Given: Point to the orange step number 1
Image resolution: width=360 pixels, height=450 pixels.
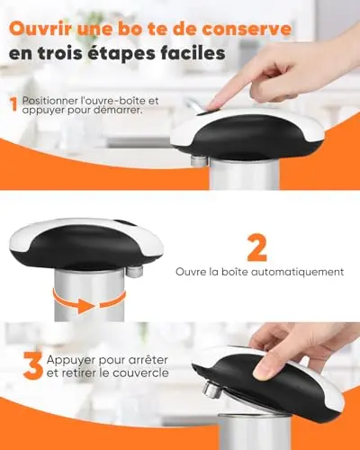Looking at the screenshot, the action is (13, 104).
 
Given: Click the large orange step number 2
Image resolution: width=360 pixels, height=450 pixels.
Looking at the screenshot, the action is (257, 247).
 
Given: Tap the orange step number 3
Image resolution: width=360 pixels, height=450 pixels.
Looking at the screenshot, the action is (33, 366).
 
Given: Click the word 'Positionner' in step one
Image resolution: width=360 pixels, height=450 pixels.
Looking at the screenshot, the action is (49, 101).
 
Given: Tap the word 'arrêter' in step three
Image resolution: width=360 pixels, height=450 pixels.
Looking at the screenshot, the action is (148, 359).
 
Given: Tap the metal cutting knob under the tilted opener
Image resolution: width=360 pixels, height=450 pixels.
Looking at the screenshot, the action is (211, 389).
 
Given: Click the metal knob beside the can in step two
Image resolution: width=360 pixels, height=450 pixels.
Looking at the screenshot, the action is (134, 271).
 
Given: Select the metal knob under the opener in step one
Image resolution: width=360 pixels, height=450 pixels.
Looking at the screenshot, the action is (199, 161).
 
